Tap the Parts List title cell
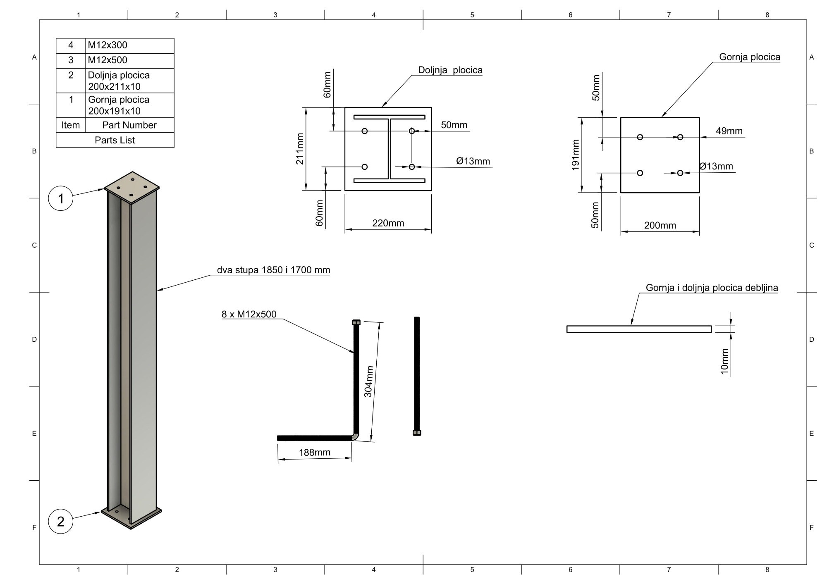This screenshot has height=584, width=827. pyautogui.click(x=115, y=140)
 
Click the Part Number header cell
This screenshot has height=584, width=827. pyautogui.click(x=129, y=125)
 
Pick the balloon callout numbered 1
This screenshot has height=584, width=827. pyautogui.click(x=61, y=199)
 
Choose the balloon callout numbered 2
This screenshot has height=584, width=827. pyautogui.click(x=61, y=522)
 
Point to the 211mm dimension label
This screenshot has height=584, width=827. pyautogui.click(x=300, y=149)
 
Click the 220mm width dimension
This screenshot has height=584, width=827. pyautogui.click(x=388, y=223)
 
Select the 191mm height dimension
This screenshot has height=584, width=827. pyautogui.click(x=575, y=155)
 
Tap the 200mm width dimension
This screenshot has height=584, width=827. pyautogui.click(x=660, y=226)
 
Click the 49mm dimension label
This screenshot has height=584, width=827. pyautogui.click(x=729, y=131)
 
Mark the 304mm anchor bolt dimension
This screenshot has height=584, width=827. pyautogui.click(x=368, y=381)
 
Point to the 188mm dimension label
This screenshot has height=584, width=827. pyautogui.click(x=315, y=453)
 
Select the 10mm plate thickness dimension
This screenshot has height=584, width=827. pyautogui.click(x=724, y=361)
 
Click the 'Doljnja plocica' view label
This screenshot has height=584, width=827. pyautogui.click(x=450, y=70)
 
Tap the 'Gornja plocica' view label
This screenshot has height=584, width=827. pyautogui.click(x=750, y=57)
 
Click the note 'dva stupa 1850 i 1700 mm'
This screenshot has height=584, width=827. pyautogui.click(x=273, y=270)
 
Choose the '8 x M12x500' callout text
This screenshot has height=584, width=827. pyautogui.click(x=249, y=314)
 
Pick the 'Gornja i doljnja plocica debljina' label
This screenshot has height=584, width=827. pyautogui.click(x=712, y=288)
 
